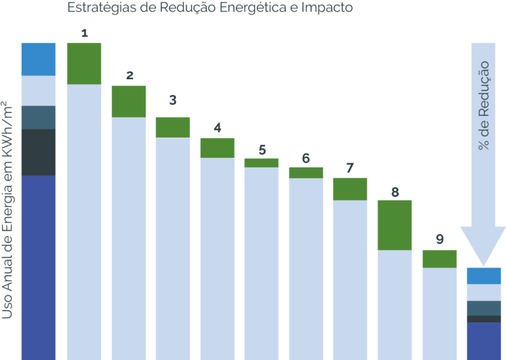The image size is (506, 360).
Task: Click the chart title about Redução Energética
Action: point(210,9)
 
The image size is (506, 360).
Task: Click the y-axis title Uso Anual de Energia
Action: point(8,209)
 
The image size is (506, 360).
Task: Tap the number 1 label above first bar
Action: point(84,33)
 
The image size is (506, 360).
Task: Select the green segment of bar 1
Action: point(84,63)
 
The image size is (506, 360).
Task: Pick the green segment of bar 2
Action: point(128,101)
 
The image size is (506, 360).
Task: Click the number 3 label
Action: point(173,101)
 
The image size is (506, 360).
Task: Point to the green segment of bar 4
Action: point(217,148)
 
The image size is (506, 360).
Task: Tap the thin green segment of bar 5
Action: point(262,162)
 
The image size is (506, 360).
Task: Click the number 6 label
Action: point(306,158)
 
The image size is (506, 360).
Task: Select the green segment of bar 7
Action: point(350,189)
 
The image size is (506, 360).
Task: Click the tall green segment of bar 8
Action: point(394,225)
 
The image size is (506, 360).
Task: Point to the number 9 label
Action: point(439,239)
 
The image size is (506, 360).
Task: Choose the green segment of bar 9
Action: point(439,258)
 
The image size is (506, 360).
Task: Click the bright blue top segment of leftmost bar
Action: point(38,59)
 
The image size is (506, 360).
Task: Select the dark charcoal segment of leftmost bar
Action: point(38,152)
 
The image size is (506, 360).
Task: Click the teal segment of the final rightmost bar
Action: point(484,308)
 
